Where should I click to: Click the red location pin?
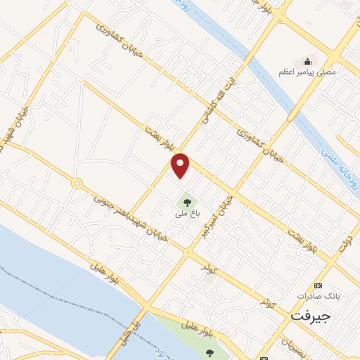(181, 165)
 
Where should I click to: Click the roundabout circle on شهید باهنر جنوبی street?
(77, 184)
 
